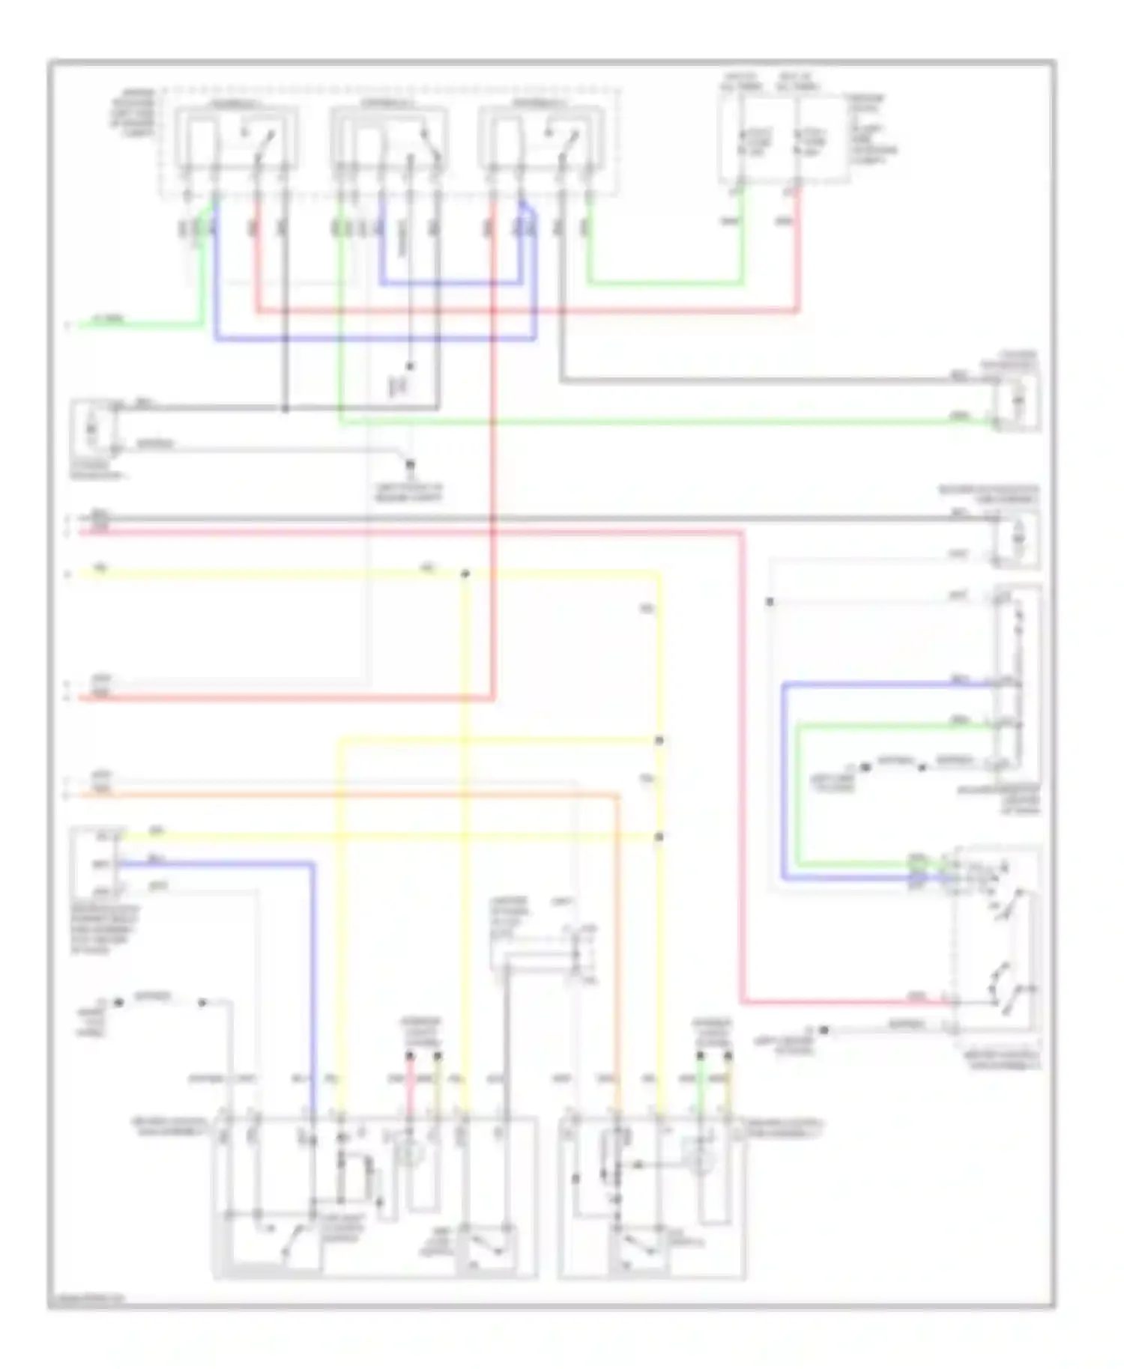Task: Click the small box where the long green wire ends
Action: point(1017,402)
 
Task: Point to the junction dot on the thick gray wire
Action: point(285,409)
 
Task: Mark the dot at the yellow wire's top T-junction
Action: point(465,574)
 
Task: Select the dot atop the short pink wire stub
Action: point(410,1056)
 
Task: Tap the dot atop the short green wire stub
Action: point(700,1056)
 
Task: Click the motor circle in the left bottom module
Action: point(410,1154)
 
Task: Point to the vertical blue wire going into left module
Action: point(312,989)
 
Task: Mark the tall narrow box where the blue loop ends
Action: point(1016,685)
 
